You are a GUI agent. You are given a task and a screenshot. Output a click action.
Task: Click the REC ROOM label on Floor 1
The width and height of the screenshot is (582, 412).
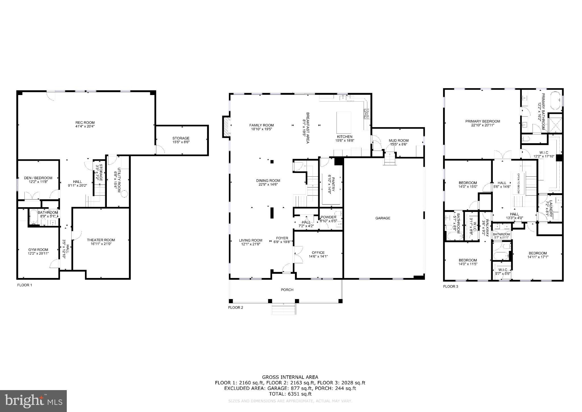tap(85, 123)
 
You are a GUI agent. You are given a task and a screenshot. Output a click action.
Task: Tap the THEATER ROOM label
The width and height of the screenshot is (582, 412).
tap(101, 240)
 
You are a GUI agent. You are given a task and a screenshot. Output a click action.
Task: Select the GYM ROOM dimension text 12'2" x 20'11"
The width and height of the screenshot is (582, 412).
tap(38, 254)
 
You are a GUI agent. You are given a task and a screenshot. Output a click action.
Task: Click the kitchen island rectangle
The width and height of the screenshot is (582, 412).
tap(344, 121)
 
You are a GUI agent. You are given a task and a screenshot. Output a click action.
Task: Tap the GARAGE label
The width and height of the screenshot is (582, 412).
tap(383, 218)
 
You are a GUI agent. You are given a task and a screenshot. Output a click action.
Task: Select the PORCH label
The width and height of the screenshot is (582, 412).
tap(287, 290)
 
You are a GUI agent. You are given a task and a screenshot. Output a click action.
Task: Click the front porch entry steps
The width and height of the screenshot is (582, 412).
tap(284, 310)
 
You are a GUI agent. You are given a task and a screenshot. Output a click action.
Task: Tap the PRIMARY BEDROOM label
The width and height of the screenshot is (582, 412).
tap(483, 121)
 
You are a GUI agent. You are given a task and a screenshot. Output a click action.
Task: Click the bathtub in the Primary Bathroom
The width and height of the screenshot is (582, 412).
tap(556, 100)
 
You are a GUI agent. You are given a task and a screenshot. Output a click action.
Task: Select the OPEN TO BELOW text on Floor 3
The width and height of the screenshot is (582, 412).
tap(518, 184)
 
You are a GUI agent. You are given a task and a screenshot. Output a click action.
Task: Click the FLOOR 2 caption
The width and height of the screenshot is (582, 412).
tap(236, 308)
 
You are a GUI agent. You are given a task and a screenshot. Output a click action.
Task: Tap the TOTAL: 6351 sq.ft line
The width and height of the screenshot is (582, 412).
tap(290, 394)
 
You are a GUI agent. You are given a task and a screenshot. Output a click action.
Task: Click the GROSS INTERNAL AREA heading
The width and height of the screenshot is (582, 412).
tap(290, 377)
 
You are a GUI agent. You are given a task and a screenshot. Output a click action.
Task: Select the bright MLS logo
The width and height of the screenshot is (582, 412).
tap(33, 401)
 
